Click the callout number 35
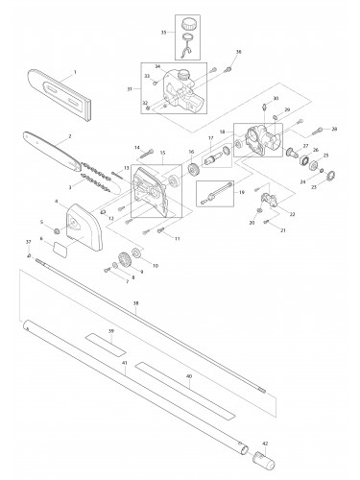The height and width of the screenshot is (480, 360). [163, 32]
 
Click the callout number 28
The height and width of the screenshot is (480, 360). [333, 129]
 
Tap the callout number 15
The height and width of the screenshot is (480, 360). [162, 152]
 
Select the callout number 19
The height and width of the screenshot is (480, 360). [242, 193]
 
